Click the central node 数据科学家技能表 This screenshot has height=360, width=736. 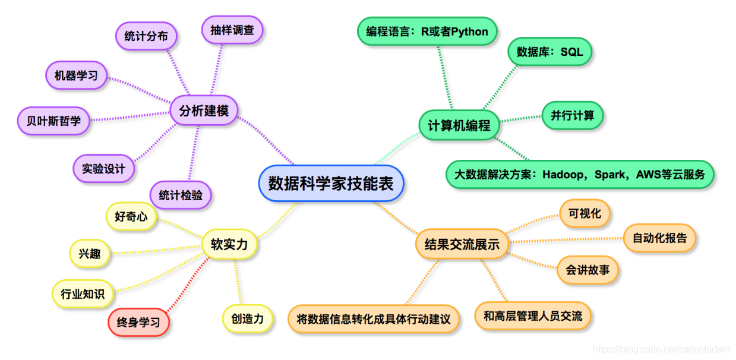click(x=331, y=183)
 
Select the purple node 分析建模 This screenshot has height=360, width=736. click(x=204, y=110)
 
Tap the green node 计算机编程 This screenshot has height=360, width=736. click(x=459, y=125)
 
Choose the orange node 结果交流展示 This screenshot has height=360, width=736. click(x=462, y=244)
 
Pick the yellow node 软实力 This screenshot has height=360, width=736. click(x=229, y=244)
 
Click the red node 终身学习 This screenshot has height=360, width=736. click(x=138, y=323)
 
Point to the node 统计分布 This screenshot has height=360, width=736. click(x=146, y=36)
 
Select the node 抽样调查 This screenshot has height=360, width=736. click(x=232, y=30)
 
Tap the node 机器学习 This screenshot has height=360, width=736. click(x=76, y=75)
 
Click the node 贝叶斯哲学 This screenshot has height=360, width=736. click(x=53, y=121)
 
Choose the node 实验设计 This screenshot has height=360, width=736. click(x=103, y=169)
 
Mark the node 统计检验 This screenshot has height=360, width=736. click(x=181, y=195)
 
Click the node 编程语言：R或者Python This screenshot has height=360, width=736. click(x=427, y=31)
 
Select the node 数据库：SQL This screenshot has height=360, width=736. click(x=549, y=52)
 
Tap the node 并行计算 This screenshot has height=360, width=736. click(x=572, y=115)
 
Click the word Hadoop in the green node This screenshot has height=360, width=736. click(x=566, y=175)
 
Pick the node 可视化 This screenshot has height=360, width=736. click(x=585, y=213)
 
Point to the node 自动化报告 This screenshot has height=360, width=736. click(x=659, y=238)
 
